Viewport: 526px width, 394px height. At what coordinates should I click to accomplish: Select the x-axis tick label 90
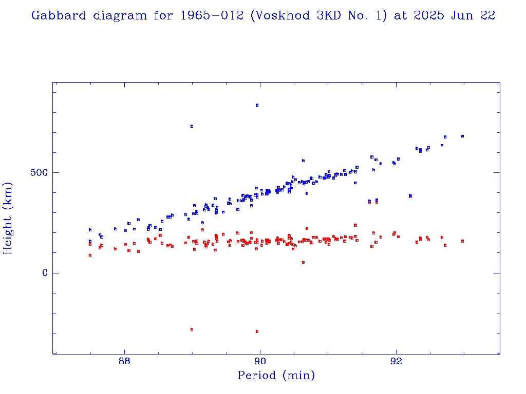[x=260, y=361]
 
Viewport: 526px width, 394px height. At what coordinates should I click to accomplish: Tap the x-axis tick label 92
[x=396, y=361]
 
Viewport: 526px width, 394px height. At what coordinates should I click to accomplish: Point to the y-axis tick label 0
[x=45, y=273]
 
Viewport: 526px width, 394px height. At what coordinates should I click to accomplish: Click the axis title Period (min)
[x=276, y=376]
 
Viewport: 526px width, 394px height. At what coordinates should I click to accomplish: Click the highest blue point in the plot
[x=257, y=105]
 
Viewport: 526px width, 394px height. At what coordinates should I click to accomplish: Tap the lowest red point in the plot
[x=257, y=331]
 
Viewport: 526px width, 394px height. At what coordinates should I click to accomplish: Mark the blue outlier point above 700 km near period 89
[x=192, y=126]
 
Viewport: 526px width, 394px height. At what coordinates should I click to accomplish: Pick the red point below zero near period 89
[x=192, y=329]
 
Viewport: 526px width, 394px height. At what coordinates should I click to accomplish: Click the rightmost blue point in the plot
[x=462, y=136]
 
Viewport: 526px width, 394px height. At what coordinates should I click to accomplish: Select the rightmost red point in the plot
[x=462, y=241]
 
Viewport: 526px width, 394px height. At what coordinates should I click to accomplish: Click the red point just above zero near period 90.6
[x=303, y=262]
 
